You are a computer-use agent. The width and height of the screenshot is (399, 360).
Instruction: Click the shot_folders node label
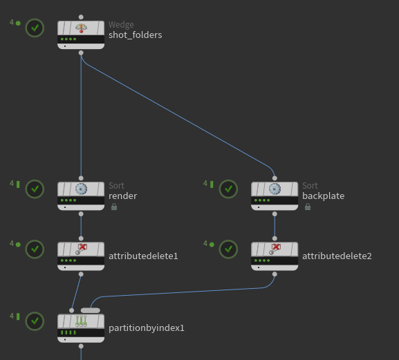[135, 35]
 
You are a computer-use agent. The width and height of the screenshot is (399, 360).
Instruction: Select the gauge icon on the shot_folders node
[81, 28]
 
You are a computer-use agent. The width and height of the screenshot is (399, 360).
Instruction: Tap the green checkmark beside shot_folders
[35, 28]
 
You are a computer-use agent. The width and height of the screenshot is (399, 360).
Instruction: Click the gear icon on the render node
[81, 189]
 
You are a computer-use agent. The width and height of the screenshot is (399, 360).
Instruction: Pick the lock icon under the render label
[114, 207]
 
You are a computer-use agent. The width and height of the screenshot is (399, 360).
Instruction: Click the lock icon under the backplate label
[308, 207]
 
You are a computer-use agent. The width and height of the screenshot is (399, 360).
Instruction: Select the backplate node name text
[323, 196]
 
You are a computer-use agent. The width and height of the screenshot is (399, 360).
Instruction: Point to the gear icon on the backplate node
[275, 189]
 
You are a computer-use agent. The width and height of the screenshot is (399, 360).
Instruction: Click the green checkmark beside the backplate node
[228, 189]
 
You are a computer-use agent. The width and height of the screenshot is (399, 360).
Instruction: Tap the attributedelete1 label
[143, 256]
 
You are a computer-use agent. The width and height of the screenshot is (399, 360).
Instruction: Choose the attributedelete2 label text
[337, 256]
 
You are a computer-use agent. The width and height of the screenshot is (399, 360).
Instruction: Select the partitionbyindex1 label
[147, 328]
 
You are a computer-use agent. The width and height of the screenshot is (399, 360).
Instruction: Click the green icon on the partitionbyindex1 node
[81, 321]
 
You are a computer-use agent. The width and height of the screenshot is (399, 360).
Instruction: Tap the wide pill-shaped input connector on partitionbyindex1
[91, 310]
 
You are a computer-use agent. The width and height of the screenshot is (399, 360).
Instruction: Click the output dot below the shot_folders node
[81, 53]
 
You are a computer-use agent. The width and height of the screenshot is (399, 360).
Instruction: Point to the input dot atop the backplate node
[275, 178]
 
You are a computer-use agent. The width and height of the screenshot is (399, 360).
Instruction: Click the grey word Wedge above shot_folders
[121, 25]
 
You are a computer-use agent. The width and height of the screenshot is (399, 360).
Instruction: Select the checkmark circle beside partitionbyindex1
[35, 321]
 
